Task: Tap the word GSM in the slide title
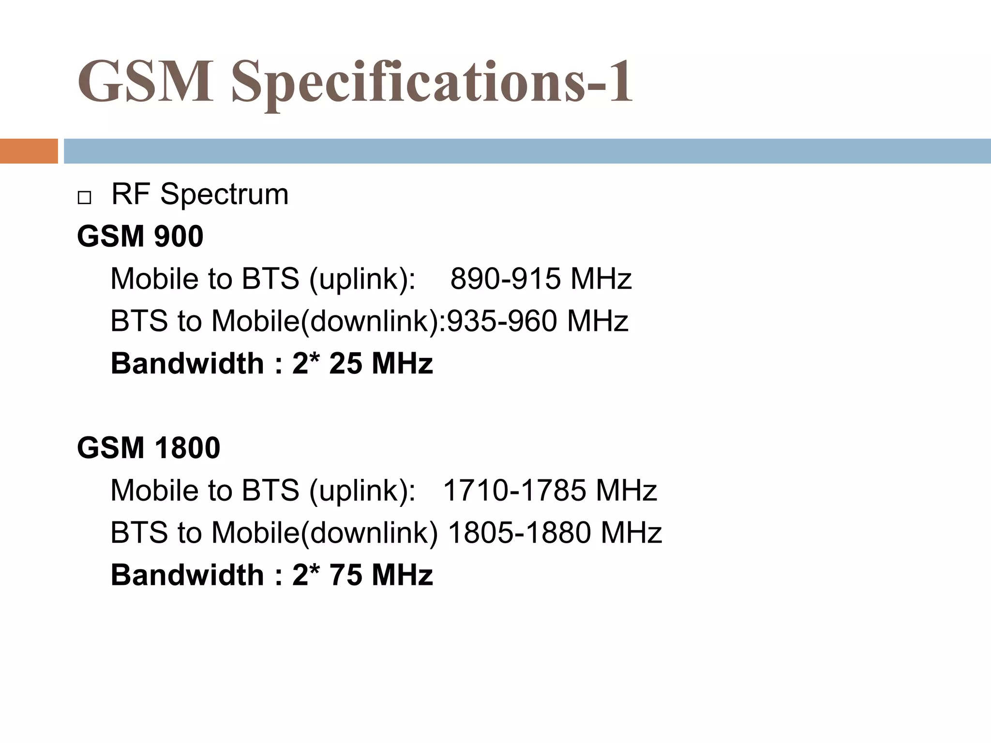coord(145,81)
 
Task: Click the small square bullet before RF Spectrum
coord(84,198)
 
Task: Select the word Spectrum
coord(224,194)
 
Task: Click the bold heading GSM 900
coord(140,237)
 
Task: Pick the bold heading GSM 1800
coord(149,448)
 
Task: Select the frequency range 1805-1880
coord(520,533)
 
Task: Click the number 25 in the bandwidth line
coord(345,363)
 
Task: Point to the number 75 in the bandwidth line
coord(345,575)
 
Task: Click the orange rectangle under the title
coord(29,151)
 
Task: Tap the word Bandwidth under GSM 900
coord(187,363)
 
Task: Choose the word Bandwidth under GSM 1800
coord(187,575)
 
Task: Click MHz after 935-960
coord(597,321)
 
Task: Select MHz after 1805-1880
coord(631,533)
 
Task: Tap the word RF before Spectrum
coord(130,194)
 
